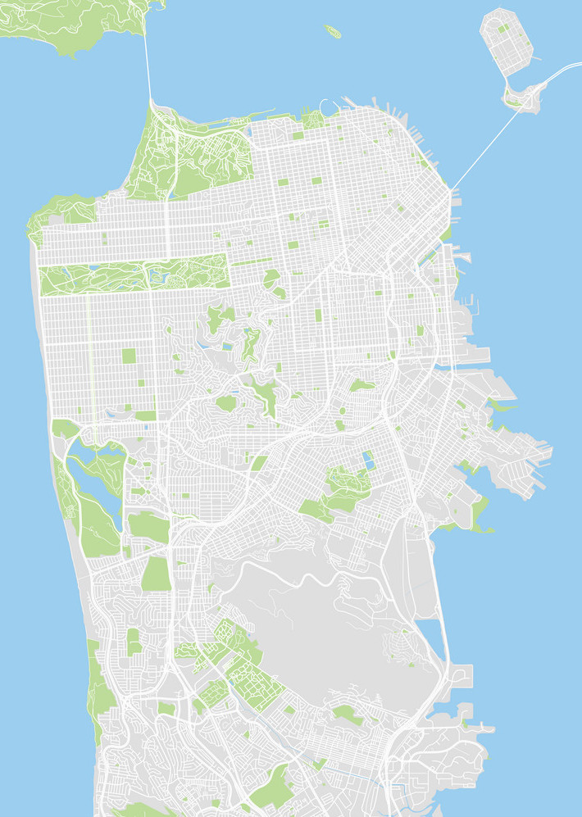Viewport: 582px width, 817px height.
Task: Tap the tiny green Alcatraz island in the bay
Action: click(x=332, y=32)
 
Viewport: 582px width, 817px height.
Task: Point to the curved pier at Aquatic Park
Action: click(x=328, y=105)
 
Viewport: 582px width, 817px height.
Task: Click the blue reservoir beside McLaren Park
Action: click(x=367, y=461)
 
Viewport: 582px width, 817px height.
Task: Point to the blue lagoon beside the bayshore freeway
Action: click(x=430, y=630)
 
